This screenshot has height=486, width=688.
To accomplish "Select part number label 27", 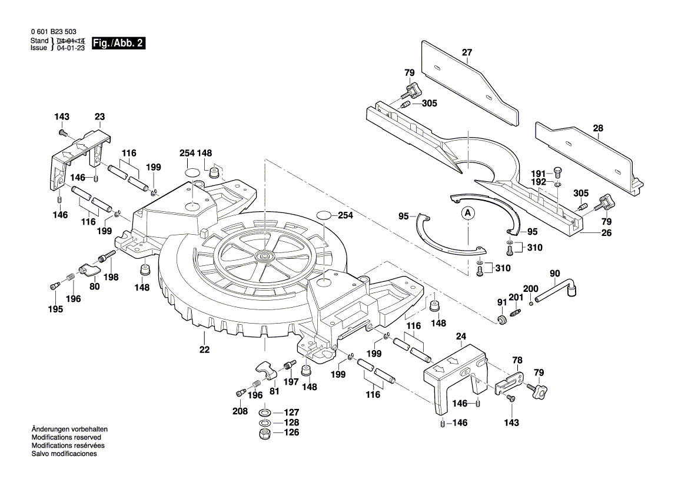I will (x=467, y=52).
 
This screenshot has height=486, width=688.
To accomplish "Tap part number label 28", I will (x=599, y=128).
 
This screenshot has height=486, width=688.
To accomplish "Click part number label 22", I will (x=204, y=350).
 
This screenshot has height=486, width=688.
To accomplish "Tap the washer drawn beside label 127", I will (x=265, y=412).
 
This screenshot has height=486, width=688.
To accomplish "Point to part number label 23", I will (x=99, y=116).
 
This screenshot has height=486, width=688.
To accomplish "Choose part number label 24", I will (x=461, y=337).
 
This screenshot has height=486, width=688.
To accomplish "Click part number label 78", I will (x=517, y=359).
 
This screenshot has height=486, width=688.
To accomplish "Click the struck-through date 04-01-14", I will (x=71, y=41).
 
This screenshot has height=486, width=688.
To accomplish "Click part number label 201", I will (x=516, y=297).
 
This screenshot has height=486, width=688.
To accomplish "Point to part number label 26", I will (x=606, y=232).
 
